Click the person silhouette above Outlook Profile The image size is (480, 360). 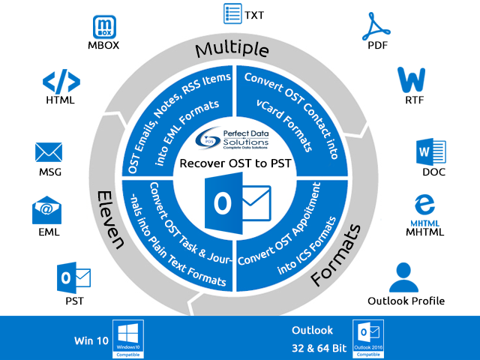pyautogui.click(x=406, y=277)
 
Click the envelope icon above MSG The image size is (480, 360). pyautogui.click(x=49, y=152)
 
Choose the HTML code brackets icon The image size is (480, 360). pyautogui.click(x=58, y=82)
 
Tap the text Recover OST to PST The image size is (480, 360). pyautogui.click(x=235, y=163)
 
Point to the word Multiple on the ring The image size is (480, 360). pyautogui.click(x=232, y=49)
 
